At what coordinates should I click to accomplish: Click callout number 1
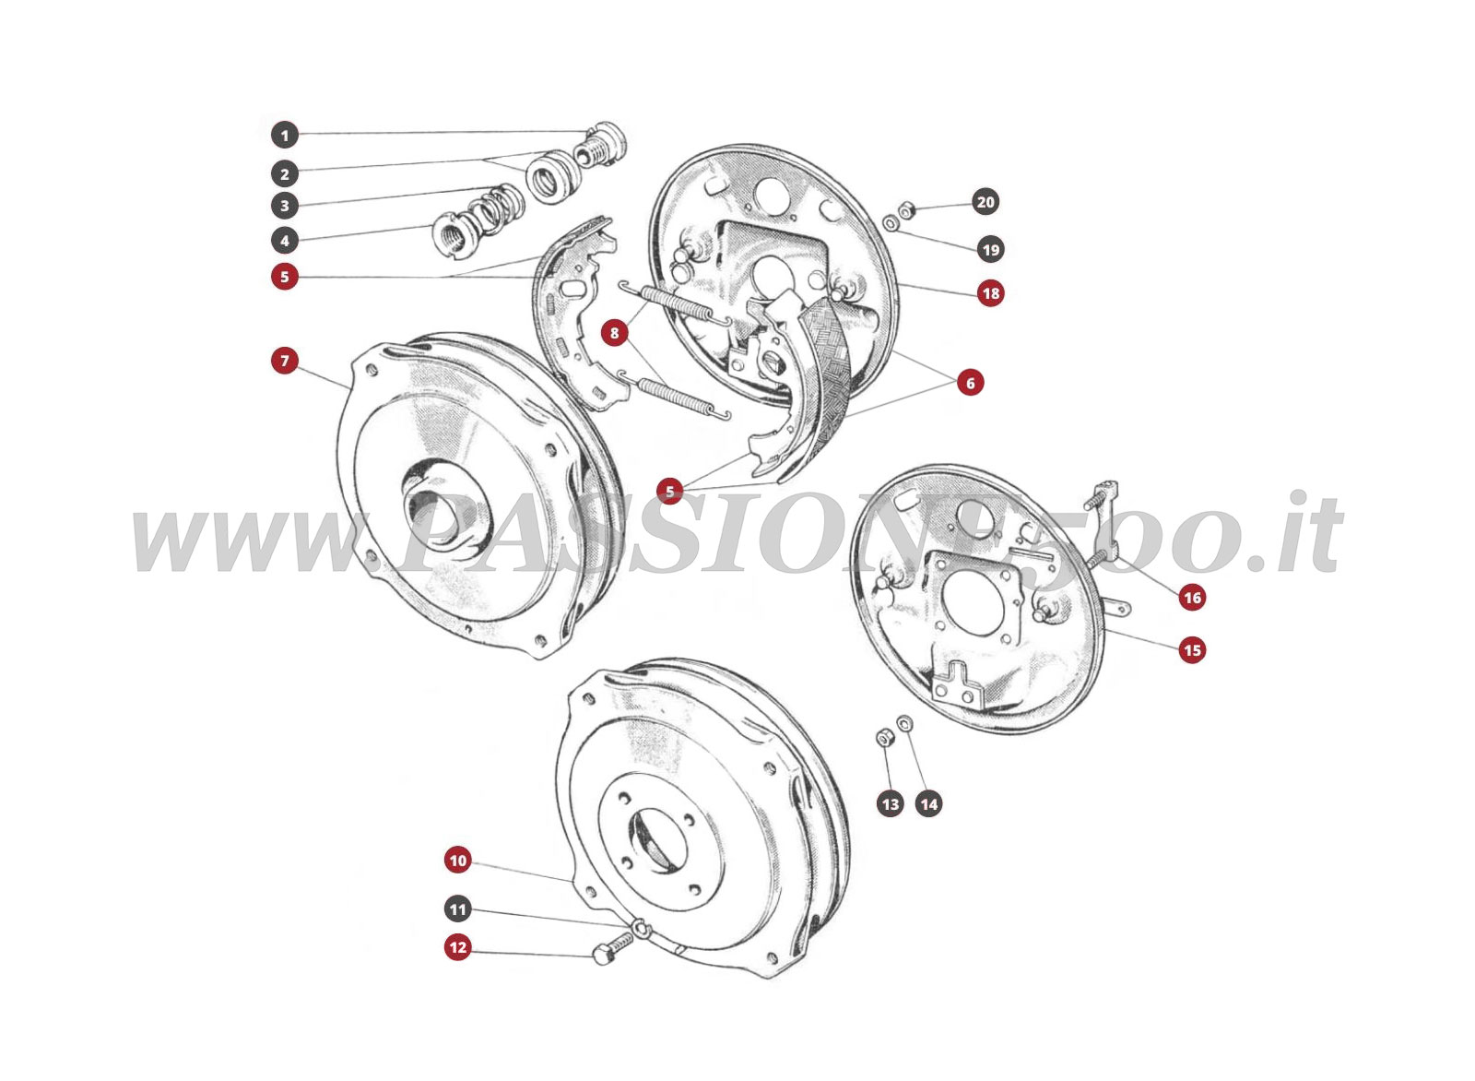coord(285,136)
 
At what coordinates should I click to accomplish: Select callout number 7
coord(285,361)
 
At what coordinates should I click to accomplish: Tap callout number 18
coord(990,293)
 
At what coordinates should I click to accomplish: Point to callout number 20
coord(986,202)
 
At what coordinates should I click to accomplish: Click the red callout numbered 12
coord(457,947)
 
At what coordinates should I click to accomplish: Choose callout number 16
coord(1192,598)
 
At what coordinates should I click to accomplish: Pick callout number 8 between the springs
coord(615,332)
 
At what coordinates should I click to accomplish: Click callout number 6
coord(970,382)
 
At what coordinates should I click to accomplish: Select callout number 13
coord(890,804)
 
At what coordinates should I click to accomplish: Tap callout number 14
coord(929,804)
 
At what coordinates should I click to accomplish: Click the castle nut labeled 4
coord(452,240)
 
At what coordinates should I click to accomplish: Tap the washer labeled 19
coord(890,222)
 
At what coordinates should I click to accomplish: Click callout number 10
coord(457,861)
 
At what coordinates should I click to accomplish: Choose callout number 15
coord(1192,650)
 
